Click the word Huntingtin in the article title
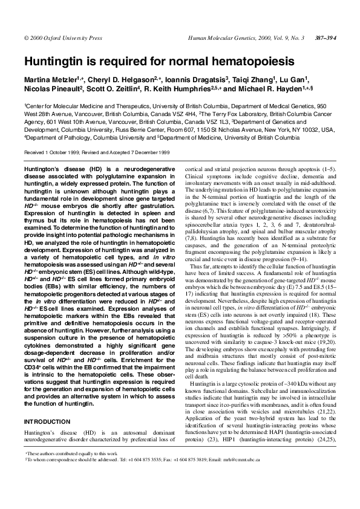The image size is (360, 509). [53, 61]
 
